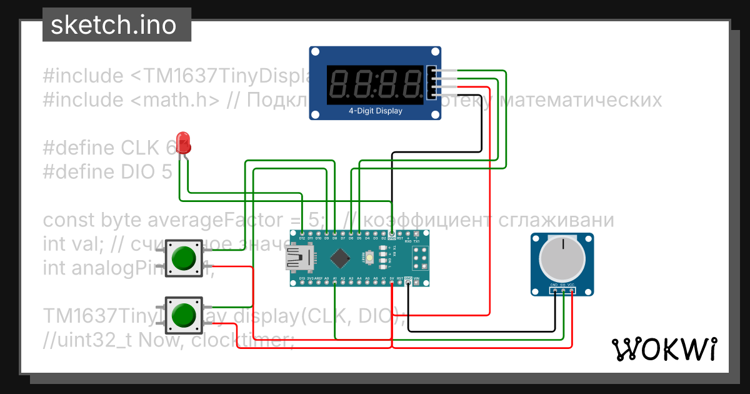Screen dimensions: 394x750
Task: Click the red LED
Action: [x=183, y=142]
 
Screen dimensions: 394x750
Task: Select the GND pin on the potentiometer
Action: [x=554, y=289]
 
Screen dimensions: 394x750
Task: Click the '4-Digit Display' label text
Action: [x=375, y=111]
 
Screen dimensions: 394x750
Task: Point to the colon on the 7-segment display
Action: [x=376, y=83]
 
